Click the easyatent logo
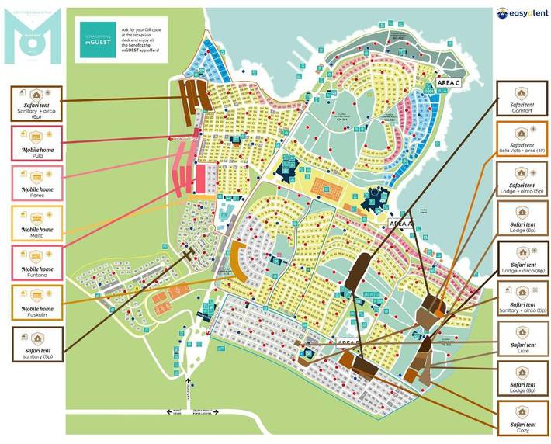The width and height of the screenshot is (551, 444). (x=518, y=13)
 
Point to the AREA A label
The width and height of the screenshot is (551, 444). (x=400, y=223)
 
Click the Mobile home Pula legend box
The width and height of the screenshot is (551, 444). (x=37, y=144)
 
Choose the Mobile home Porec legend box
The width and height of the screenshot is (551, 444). (x=37, y=183)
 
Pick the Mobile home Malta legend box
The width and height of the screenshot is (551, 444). (x=37, y=224)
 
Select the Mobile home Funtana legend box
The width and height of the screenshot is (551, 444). (x=37, y=263)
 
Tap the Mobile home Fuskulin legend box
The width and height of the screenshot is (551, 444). (x=37, y=304)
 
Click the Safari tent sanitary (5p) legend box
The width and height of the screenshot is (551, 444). (x=37, y=344)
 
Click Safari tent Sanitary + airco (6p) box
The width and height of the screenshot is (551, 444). (x=37, y=104)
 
